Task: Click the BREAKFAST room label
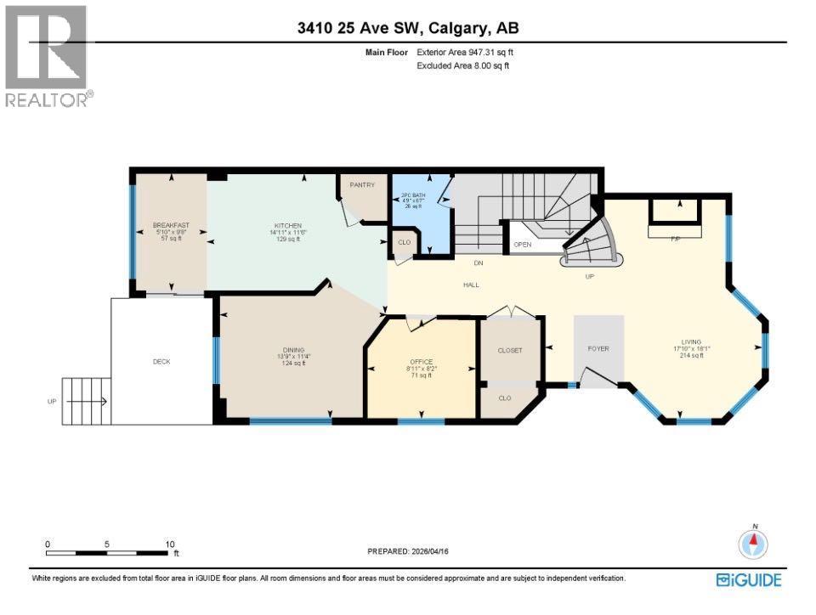[x=171, y=225]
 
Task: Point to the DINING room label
[x=294, y=350]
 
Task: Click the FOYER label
[x=598, y=349]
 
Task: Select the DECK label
[x=161, y=362]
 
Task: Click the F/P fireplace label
[x=676, y=239]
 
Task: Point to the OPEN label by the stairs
[x=522, y=245]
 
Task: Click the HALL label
[x=470, y=285]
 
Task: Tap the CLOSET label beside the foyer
[x=509, y=350]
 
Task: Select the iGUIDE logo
[x=749, y=580]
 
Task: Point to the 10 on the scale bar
[x=171, y=544]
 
